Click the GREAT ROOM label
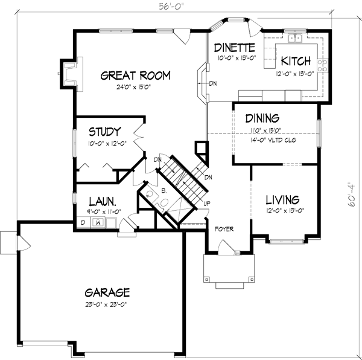(135, 76)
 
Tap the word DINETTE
(235, 48)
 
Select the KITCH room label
(296, 61)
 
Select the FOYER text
(224, 229)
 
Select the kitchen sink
(296, 39)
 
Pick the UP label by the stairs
(206, 204)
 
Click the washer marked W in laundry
(97, 223)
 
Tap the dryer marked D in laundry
(82, 223)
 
